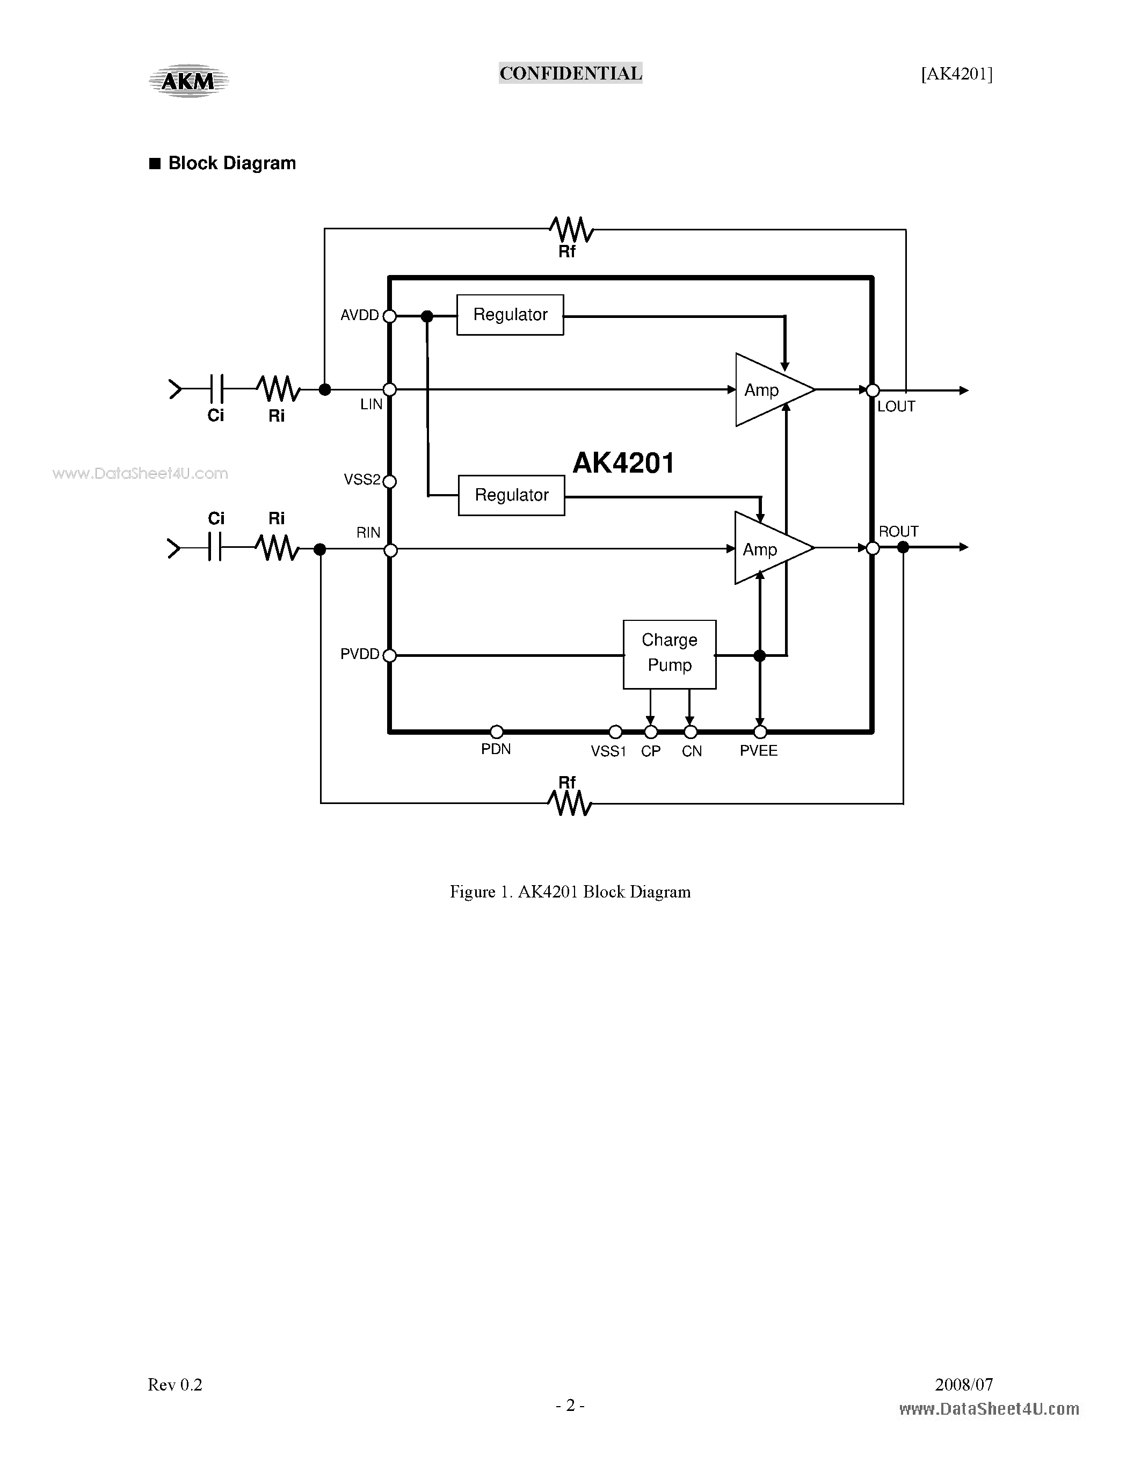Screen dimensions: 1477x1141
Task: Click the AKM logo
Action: point(188,81)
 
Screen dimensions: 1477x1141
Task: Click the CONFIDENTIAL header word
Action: point(570,73)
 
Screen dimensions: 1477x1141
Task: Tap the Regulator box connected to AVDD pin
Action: point(510,315)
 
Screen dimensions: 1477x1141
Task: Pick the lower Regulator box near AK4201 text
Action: point(511,495)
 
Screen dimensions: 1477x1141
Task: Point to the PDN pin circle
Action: point(496,732)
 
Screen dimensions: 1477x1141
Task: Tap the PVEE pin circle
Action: point(760,732)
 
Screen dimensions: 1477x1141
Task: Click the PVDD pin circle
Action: point(389,655)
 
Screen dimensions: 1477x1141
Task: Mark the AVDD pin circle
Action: point(389,316)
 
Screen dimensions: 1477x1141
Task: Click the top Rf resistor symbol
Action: point(572,230)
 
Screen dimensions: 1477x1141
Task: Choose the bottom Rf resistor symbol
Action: point(570,803)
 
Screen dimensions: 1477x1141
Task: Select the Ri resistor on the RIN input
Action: point(277,548)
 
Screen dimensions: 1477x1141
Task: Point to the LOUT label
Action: point(896,407)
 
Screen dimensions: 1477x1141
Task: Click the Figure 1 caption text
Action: point(570,892)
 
